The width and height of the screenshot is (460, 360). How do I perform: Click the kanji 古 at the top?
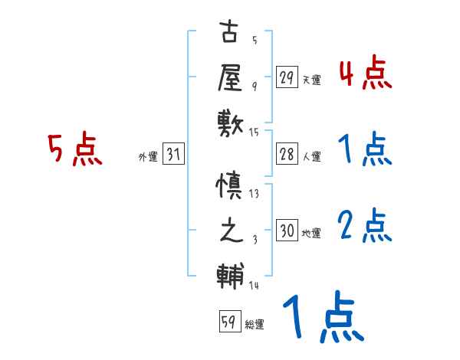coord(230,35)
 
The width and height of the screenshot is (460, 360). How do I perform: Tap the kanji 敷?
coord(230,121)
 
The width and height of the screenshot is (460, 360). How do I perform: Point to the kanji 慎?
coord(230,186)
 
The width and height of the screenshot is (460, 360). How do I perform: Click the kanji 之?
coord(230,230)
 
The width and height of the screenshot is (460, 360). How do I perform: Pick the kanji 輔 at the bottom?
coord(230,273)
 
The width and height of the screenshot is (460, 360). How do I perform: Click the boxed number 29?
coord(287,77)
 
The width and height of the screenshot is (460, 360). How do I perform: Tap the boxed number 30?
coord(287,231)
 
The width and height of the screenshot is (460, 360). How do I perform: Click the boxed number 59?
coord(228,322)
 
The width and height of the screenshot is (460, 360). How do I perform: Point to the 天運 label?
coord(311,80)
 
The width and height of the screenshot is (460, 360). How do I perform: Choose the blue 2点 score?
coord(365,225)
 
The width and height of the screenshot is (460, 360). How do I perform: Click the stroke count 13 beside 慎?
coord(255,193)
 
